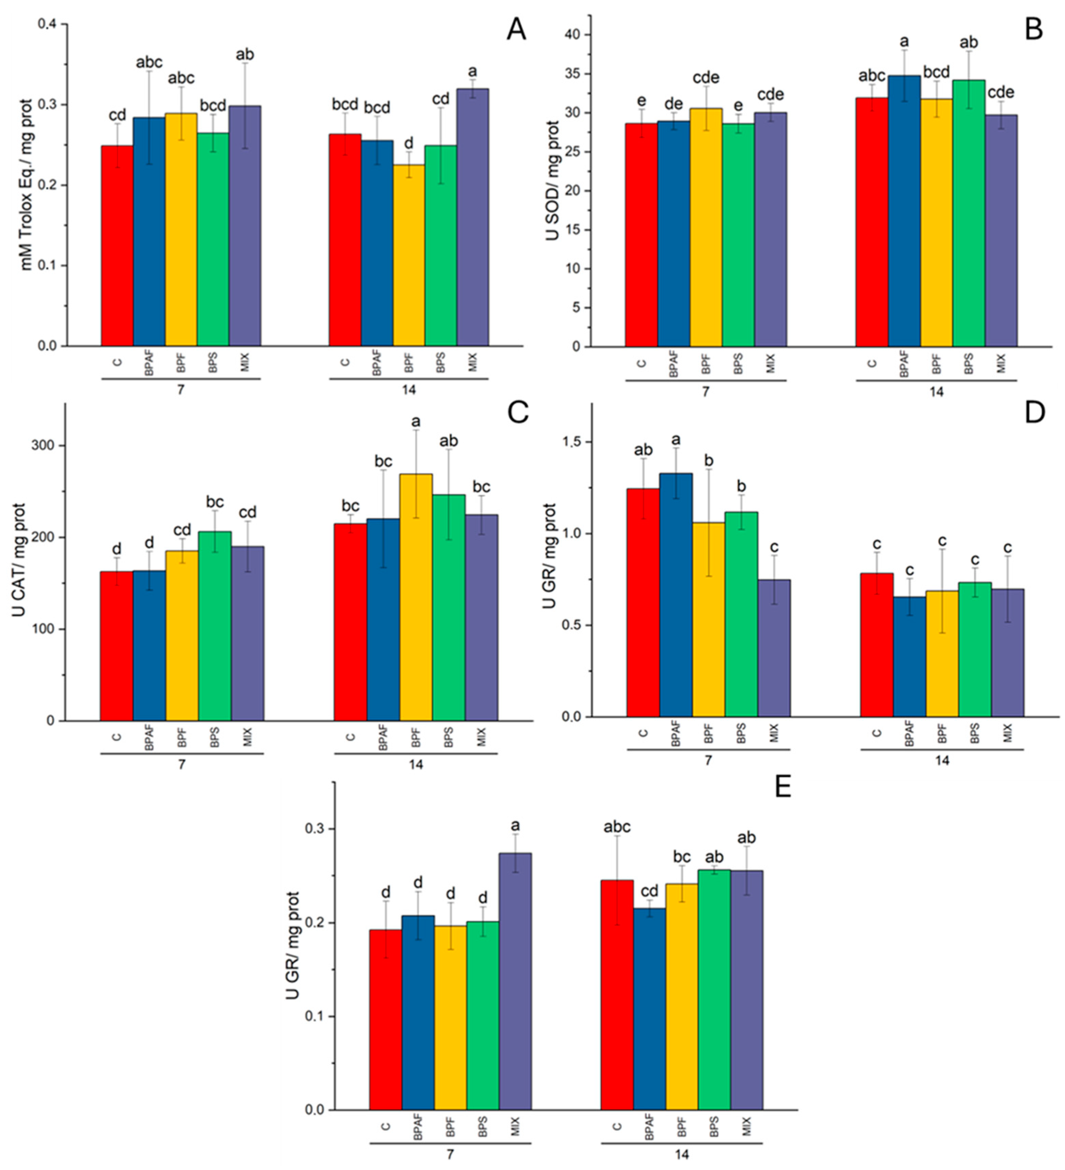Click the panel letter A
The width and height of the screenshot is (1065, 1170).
point(516,29)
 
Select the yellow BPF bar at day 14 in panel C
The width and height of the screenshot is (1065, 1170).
point(416,597)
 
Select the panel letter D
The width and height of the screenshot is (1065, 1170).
point(1034,412)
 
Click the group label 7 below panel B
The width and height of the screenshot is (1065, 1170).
point(705,392)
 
